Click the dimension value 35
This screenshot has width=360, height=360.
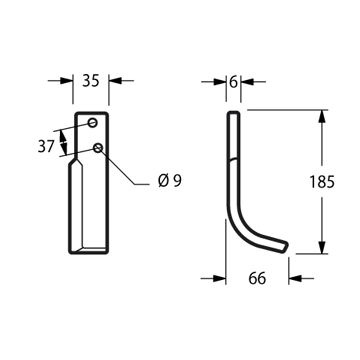point(91,81)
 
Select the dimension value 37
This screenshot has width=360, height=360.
point(46,146)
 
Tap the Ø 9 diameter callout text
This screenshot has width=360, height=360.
point(170,181)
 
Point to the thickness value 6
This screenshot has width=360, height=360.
point(233,82)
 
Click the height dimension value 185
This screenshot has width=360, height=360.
point(322,182)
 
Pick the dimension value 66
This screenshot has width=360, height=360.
point(257,278)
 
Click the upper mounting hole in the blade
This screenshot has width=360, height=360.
point(93,123)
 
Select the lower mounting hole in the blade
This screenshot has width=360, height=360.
point(98,147)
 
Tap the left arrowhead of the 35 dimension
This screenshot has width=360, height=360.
point(66,81)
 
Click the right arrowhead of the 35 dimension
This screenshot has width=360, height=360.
point(115,81)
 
